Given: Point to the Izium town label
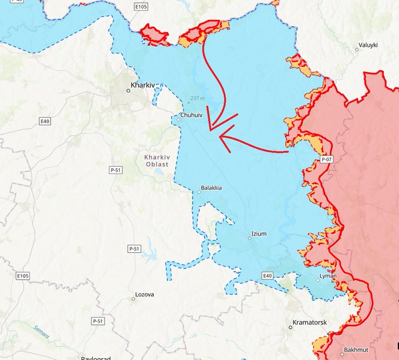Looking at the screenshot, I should [x=258, y=233].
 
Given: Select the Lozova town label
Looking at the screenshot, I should [x=144, y=294].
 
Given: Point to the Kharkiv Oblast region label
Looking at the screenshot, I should [x=157, y=161].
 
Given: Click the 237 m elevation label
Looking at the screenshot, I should [x=198, y=98].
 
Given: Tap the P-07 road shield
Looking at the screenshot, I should [x=327, y=159].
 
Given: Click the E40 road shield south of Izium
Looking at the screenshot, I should [x=268, y=276].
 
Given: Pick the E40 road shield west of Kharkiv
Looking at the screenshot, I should [x=45, y=121].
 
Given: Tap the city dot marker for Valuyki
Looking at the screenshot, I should [x=357, y=50].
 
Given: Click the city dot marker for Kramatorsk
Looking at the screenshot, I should [x=290, y=328].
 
